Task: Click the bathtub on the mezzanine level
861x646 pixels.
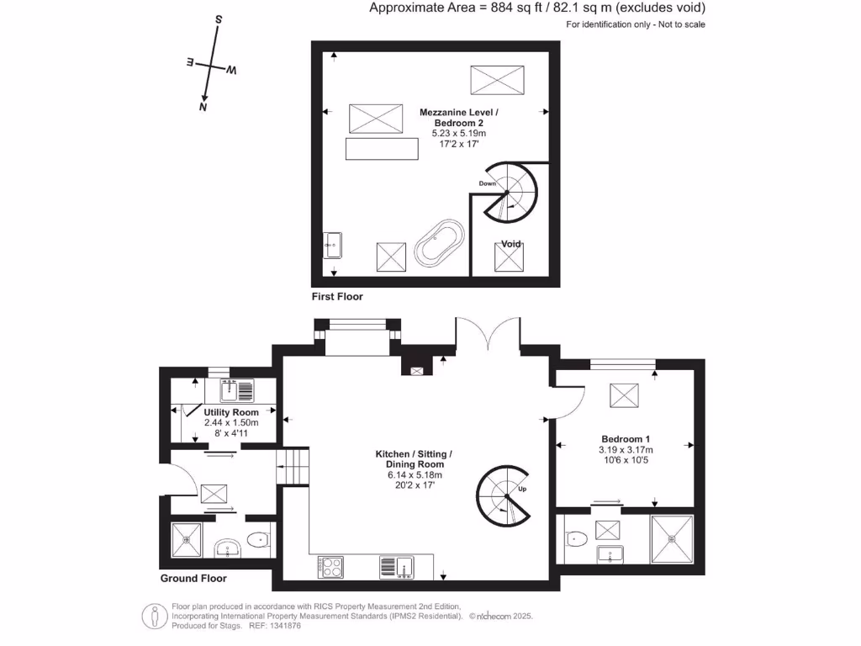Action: pos(440,244)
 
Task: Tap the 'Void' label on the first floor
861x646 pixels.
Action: pos(511,244)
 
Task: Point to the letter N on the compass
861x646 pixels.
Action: pos(203,107)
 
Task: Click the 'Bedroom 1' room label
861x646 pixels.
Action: pos(625,439)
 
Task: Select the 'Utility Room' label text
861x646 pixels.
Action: pos(231,412)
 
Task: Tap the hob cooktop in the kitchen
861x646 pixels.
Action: pos(331,566)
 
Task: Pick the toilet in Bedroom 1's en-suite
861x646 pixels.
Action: pos(577,538)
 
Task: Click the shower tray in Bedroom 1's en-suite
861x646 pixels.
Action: pos(671,538)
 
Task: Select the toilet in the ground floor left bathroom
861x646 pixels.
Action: pos(258,540)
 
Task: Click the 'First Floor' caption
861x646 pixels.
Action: pos(336,297)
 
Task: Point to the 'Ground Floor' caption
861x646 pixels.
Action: pos(193,578)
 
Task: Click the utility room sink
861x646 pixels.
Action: pos(237,389)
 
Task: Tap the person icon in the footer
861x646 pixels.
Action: pos(153,616)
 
